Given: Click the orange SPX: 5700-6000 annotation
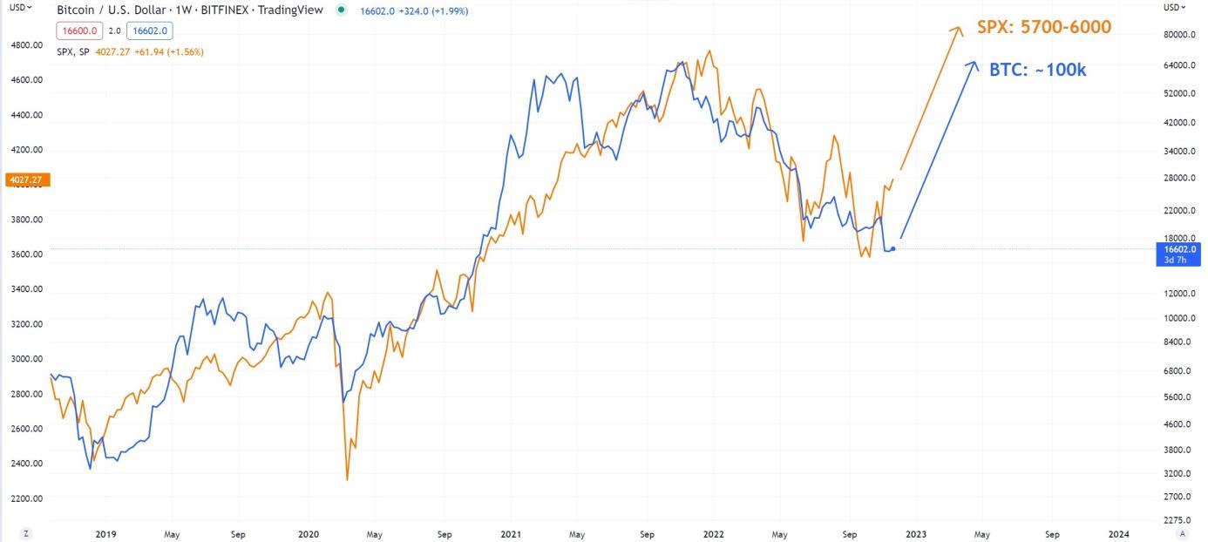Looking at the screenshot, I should click(1043, 27).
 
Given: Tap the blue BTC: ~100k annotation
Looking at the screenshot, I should click(1037, 71).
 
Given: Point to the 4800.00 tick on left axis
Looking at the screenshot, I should click(28, 44).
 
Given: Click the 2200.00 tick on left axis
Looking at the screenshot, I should click(28, 498).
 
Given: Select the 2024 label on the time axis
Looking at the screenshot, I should click(1119, 533).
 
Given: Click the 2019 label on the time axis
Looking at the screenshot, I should click(105, 533).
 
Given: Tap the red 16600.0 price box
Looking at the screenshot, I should click(80, 30).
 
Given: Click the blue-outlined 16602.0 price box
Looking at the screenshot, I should click(151, 30).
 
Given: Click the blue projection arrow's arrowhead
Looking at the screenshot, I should click(974, 64).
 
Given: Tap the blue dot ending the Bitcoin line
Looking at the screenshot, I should click(892, 249).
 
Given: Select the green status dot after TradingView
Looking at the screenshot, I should click(341, 10).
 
